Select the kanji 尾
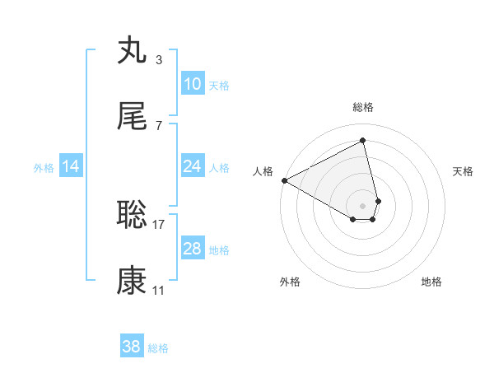click(x=132, y=117)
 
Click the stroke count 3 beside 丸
click(x=159, y=60)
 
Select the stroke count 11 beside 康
click(x=159, y=290)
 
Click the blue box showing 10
click(x=192, y=84)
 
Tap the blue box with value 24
click(x=192, y=166)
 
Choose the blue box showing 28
click(x=192, y=249)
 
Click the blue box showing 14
click(x=71, y=166)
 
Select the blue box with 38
click(x=131, y=347)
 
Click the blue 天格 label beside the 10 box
click(x=219, y=85)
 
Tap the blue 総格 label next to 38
click(x=158, y=347)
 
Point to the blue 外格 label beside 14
click(x=44, y=167)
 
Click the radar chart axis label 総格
click(x=363, y=107)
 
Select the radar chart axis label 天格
click(x=464, y=171)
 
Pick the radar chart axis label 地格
click(x=431, y=282)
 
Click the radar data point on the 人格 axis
click(x=284, y=180)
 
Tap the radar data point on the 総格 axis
click(x=363, y=140)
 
